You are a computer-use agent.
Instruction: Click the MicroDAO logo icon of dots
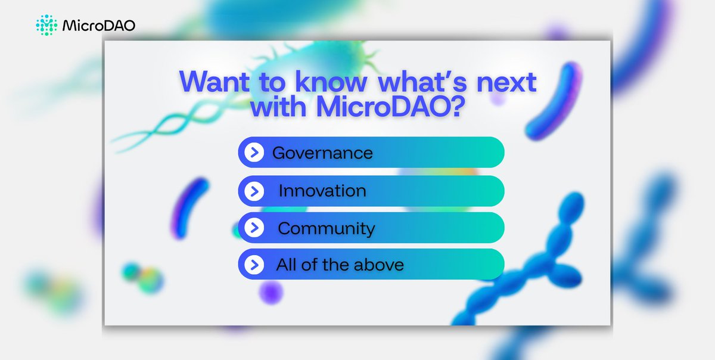pyautogui.click(x=46, y=24)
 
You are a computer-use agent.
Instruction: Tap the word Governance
pyautogui.click(x=322, y=153)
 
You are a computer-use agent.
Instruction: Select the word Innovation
pyautogui.click(x=322, y=191)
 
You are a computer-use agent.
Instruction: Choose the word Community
pyautogui.click(x=327, y=228)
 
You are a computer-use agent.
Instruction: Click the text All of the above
pyautogui.click(x=340, y=265)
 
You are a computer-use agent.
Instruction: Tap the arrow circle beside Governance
pyautogui.click(x=254, y=153)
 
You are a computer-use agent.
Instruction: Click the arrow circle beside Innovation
pyautogui.click(x=254, y=191)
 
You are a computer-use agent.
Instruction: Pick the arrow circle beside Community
pyautogui.click(x=254, y=228)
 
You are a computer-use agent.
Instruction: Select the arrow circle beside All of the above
pyautogui.click(x=254, y=265)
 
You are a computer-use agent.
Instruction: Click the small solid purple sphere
pyautogui.click(x=272, y=293)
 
